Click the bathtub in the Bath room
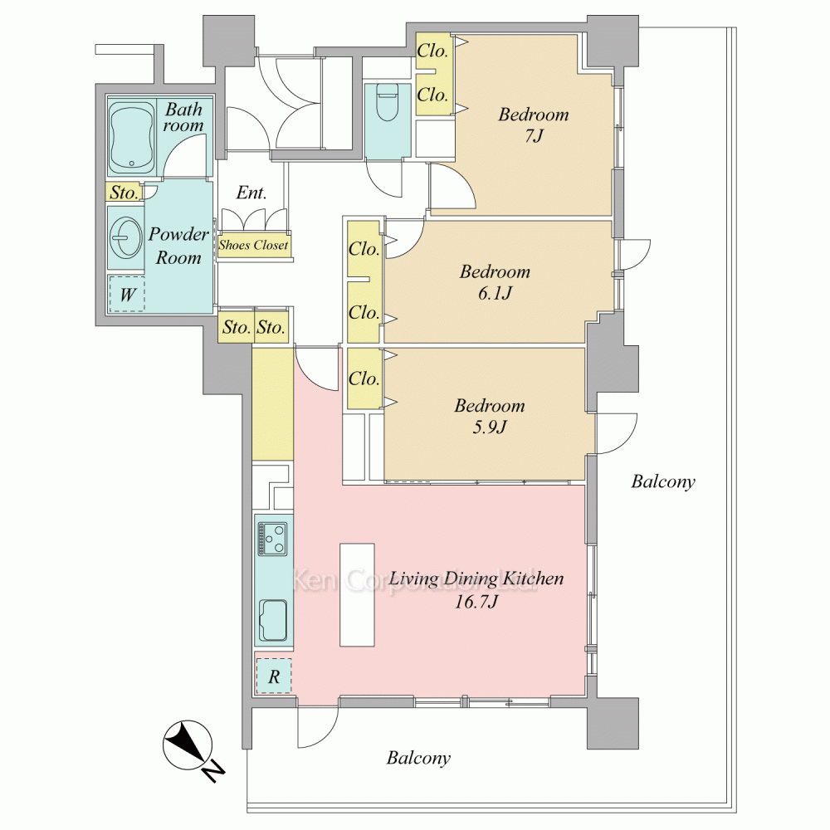(x=132, y=134)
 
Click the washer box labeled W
(x=127, y=294)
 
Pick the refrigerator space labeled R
(x=273, y=675)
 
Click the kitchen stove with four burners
(x=272, y=539)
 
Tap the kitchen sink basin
(x=272, y=619)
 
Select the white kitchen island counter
(x=357, y=594)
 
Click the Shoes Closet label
(x=253, y=246)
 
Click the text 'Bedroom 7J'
(x=533, y=124)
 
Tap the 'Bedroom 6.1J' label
(x=495, y=281)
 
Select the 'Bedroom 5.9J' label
(x=490, y=416)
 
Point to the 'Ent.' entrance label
(x=251, y=193)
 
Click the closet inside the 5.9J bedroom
(x=364, y=378)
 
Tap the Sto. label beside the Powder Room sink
(x=124, y=193)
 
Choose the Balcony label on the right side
(x=662, y=481)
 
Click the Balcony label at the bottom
(x=418, y=758)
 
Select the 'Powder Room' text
(x=178, y=246)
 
